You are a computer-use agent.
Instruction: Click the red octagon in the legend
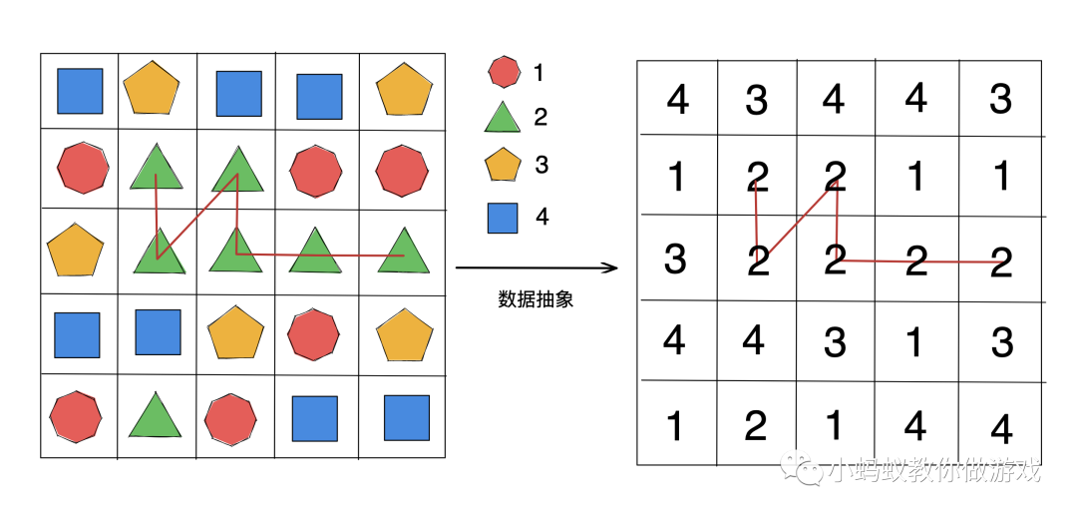click(505, 72)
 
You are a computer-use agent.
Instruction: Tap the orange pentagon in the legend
click(504, 166)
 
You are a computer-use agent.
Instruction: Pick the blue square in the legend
click(503, 217)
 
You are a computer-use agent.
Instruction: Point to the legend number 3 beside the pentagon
click(541, 165)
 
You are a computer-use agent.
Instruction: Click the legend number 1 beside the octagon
click(539, 72)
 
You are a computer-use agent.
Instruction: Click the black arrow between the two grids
click(537, 267)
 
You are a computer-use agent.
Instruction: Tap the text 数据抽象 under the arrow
click(536, 299)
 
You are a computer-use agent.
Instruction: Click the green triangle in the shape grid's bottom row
click(156, 415)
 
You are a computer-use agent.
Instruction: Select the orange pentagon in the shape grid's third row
click(76, 250)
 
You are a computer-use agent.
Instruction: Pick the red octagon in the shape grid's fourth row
click(315, 334)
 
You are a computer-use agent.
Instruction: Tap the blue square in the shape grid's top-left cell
click(80, 91)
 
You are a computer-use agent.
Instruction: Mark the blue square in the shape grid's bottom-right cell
click(407, 418)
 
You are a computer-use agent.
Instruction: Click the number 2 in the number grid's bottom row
click(755, 426)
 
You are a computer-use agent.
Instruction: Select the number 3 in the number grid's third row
click(675, 259)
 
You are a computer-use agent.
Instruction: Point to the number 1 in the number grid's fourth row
click(915, 342)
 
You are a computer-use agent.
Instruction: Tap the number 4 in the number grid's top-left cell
click(678, 99)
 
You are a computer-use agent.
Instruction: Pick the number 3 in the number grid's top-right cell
click(1000, 99)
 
